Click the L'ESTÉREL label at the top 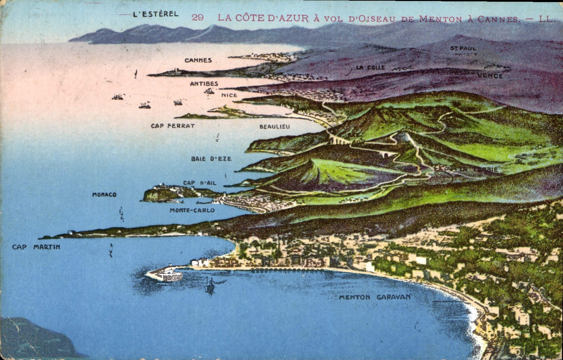156,14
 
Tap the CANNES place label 198,60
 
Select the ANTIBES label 204,84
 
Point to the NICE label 229,95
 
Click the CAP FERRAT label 173,126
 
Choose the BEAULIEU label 274,127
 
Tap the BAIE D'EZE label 211,159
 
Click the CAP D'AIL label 200,183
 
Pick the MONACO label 104,195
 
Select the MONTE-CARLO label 192,210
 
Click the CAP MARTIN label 36,247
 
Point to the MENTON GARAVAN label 375,297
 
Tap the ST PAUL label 463,49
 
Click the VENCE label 490,76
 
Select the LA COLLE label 370,68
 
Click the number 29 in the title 198,18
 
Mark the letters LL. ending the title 547,19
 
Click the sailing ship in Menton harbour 210,286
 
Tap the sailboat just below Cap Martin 111,250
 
